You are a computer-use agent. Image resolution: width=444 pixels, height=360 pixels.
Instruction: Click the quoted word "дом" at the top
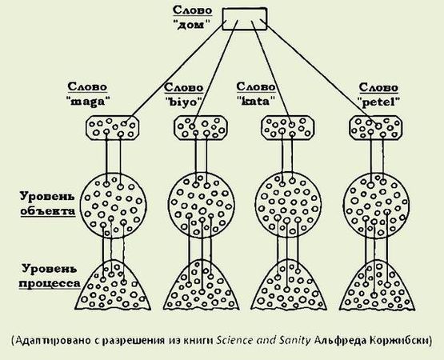tap(196, 24)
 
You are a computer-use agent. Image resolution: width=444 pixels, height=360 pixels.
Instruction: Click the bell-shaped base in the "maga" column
tap(114, 288)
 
